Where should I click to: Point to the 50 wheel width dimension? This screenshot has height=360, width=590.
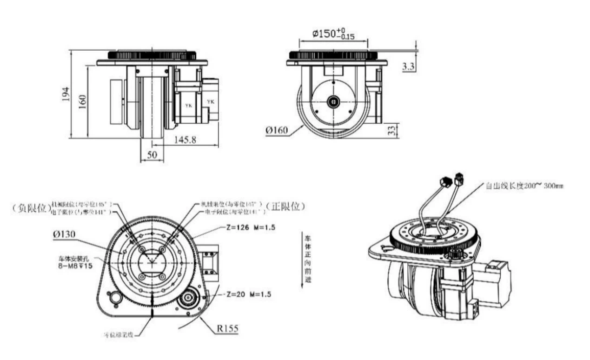tap(152, 155)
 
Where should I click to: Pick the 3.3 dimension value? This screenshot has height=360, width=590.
tap(408, 67)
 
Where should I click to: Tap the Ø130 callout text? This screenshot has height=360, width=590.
tap(65, 235)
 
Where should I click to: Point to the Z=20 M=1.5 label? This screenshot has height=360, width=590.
tap(248, 294)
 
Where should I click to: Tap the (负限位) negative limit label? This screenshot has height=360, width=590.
tap(31, 208)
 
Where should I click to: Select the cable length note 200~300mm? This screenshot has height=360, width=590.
tap(524, 186)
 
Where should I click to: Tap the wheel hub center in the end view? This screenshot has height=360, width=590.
tap(333, 102)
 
